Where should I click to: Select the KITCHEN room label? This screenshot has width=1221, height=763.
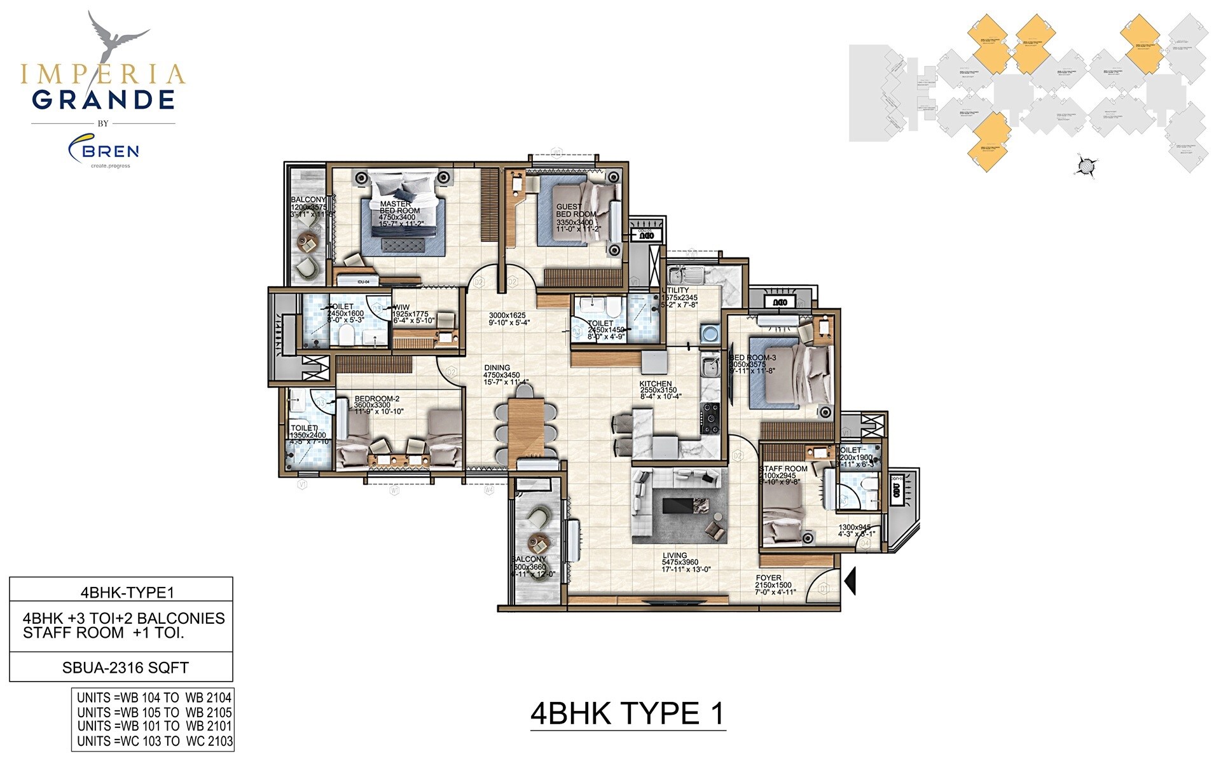[656, 384]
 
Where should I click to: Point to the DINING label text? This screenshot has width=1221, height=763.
[497, 368]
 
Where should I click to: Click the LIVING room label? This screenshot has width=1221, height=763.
[674, 556]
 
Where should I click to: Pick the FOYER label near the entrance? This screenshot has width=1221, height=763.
[768, 578]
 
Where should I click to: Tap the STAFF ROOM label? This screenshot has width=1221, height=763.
[783, 469]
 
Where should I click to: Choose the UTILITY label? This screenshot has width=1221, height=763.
[676, 291]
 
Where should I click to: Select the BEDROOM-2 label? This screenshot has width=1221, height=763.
[377, 399]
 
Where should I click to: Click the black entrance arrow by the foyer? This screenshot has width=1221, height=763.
[850, 581]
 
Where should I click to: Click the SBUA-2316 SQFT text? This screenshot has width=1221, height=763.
[125, 668]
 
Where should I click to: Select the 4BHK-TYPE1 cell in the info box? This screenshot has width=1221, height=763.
[127, 593]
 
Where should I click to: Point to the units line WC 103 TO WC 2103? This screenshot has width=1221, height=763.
[155, 741]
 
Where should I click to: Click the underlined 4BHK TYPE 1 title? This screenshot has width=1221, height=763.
[627, 713]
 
